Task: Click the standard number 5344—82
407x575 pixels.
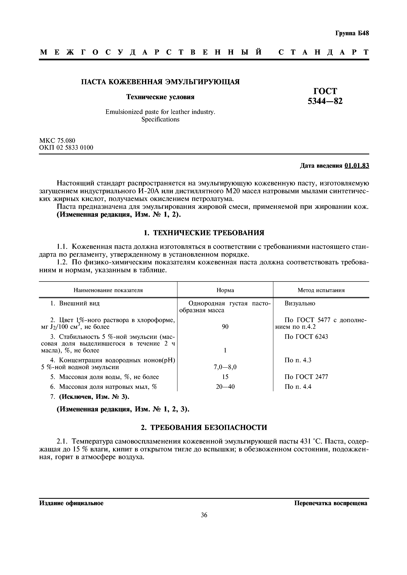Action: (x=325, y=101)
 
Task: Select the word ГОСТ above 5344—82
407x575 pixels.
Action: (x=325, y=91)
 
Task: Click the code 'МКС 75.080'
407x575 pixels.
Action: (x=57, y=140)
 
